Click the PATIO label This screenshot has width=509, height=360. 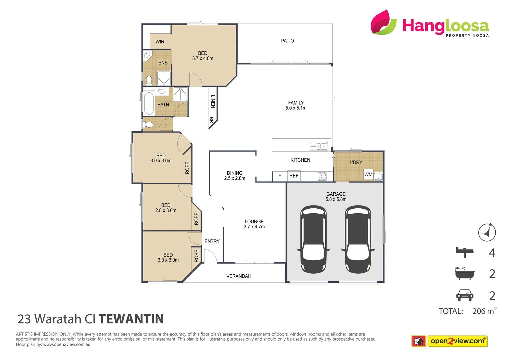click(x=287, y=41)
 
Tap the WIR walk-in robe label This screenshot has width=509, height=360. click(x=160, y=42)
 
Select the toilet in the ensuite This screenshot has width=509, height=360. click(x=149, y=80)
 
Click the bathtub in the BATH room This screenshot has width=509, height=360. click(x=149, y=103)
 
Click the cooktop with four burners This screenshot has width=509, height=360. click(x=322, y=176)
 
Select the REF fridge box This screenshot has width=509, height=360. click(x=294, y=176)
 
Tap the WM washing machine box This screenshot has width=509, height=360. click(x=368, y=174)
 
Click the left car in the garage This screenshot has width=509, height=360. click(x=313, y=239)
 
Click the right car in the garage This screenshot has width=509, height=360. click(x=358, y=239)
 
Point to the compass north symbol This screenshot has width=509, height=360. click(x=487, y=232)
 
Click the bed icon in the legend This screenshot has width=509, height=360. click(x=465, y=252)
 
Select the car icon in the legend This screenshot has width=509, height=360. click(x=465, y=295)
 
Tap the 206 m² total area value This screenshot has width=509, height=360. click(x=484, y=311)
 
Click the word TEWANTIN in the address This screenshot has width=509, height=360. click(x=131, y=319)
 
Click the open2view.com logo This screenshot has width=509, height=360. click(x=457, y=341)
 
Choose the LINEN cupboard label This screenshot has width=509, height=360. click(x=213, y=101)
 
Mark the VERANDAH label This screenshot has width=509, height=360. click(x=239, y=276)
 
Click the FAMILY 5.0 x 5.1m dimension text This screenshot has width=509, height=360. click(x=296, y=108)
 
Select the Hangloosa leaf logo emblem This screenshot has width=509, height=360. click(x=383, y=22)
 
